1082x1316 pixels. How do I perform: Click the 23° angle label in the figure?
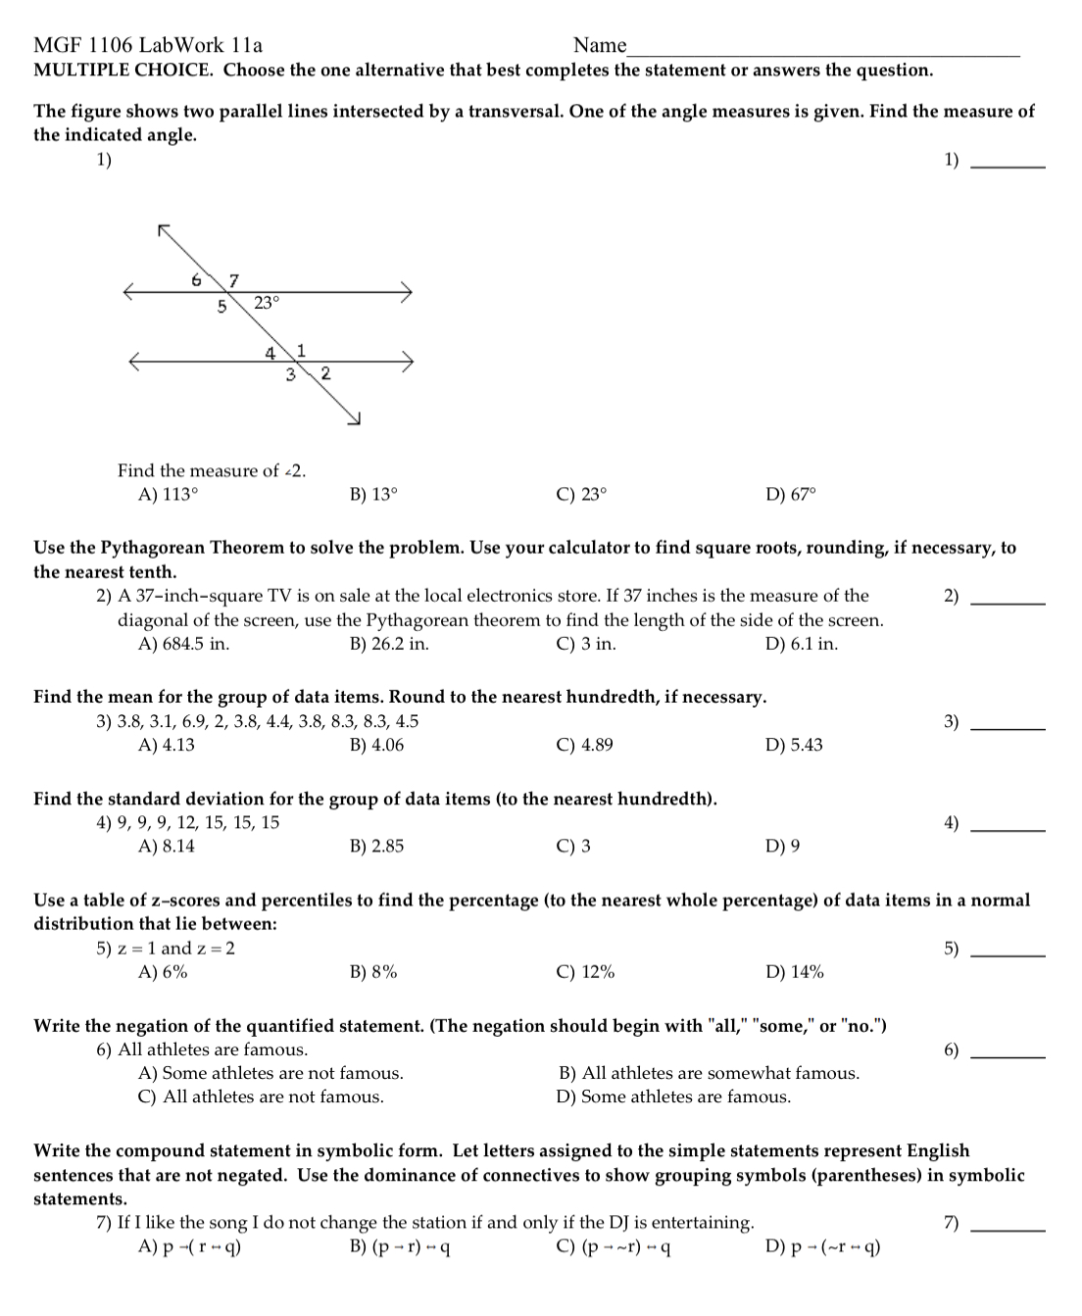(267, 303)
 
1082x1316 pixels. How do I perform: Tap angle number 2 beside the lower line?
(325, 373)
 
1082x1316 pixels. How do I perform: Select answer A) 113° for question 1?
(169, 495)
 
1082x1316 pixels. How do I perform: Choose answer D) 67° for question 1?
(790, 495)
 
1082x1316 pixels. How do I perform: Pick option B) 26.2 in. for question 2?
(389, 645)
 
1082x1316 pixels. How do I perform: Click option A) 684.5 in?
(184, 645)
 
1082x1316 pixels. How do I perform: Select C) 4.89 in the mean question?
(584, 746)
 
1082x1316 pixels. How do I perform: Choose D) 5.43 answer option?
(794, 746)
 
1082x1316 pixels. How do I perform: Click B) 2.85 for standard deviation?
(376, 847)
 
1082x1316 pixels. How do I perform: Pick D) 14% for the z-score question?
(794, 973)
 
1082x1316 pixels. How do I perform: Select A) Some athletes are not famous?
(270, 1074)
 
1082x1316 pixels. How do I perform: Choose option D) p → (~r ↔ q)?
(822, 1247)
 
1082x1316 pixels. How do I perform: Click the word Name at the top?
(599, 45)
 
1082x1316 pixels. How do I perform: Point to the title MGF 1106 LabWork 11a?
(148, 45)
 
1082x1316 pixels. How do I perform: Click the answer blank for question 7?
(1008, 1229)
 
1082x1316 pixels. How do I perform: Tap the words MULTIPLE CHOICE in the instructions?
(123, 71)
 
